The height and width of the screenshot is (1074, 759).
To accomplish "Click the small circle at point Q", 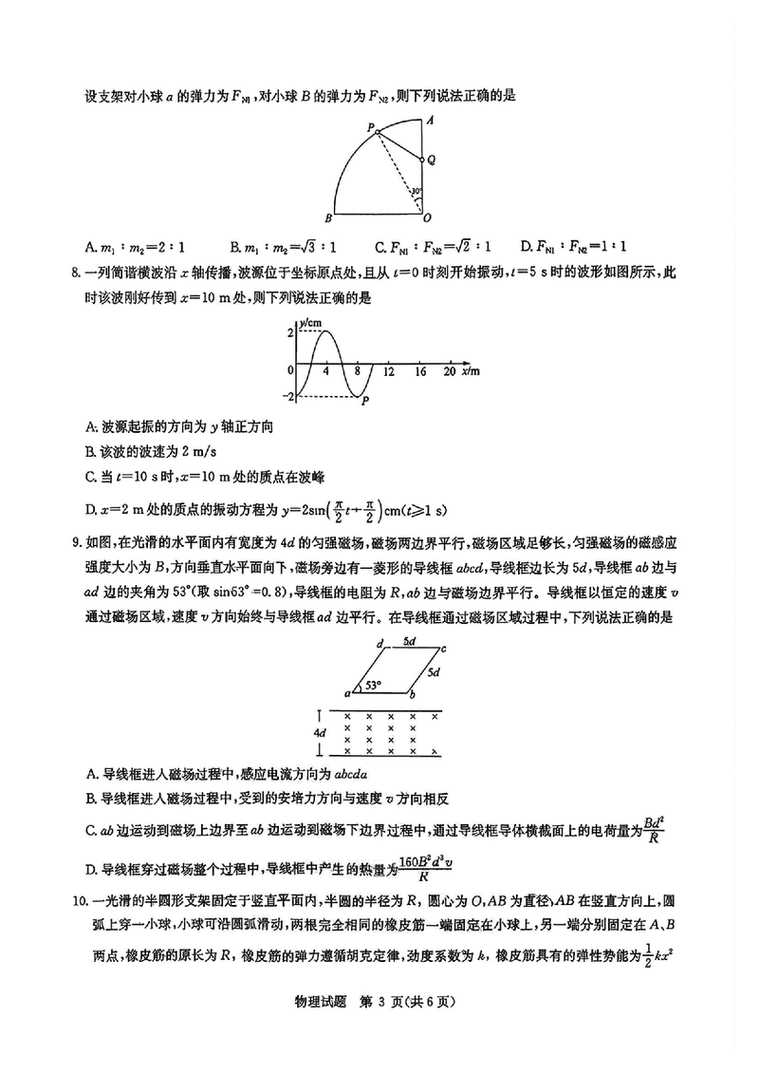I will pyautogui.click(x=422, y=160).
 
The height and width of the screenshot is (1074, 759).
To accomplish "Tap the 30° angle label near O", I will pyautogui.click(x=415, y=192).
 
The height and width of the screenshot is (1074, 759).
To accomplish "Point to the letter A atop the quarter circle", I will pyautogui.click(x=430, y=121).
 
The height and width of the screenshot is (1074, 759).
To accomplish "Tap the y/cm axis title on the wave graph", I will pyautogui.click(x=312, y=323).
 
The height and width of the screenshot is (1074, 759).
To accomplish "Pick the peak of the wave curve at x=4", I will pyautogui.click(x=326, y=330).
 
